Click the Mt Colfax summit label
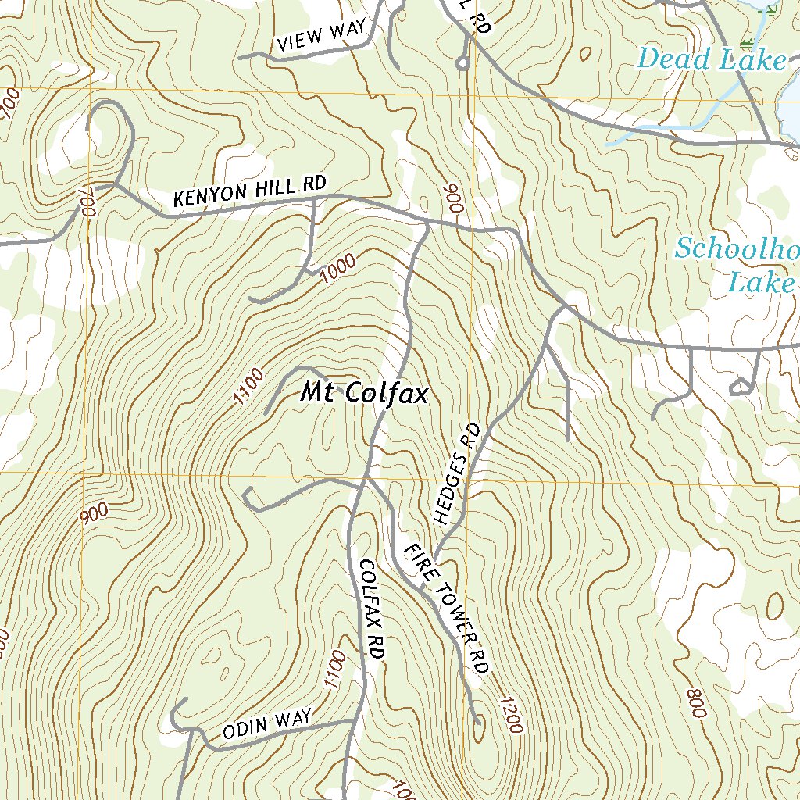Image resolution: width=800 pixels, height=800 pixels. tap(365, 393)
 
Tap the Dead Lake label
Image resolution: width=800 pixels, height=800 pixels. tap(711, 59)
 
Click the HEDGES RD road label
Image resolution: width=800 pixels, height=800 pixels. tap(457, 473)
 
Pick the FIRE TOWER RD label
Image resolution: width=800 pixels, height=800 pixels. tap(446, 609)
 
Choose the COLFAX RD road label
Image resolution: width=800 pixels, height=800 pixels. tap(370, 610)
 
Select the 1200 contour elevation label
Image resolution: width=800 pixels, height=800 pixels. tap(507, 714)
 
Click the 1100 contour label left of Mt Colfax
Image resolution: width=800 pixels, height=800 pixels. tap(248, 388)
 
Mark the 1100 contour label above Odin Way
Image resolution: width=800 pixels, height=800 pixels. tap(333, 669)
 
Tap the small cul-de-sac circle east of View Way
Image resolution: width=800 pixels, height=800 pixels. tap(462, 62)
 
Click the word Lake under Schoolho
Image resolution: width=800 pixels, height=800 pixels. tap(759, 282)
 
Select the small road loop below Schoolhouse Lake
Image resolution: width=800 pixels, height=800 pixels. tap(739, 387)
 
